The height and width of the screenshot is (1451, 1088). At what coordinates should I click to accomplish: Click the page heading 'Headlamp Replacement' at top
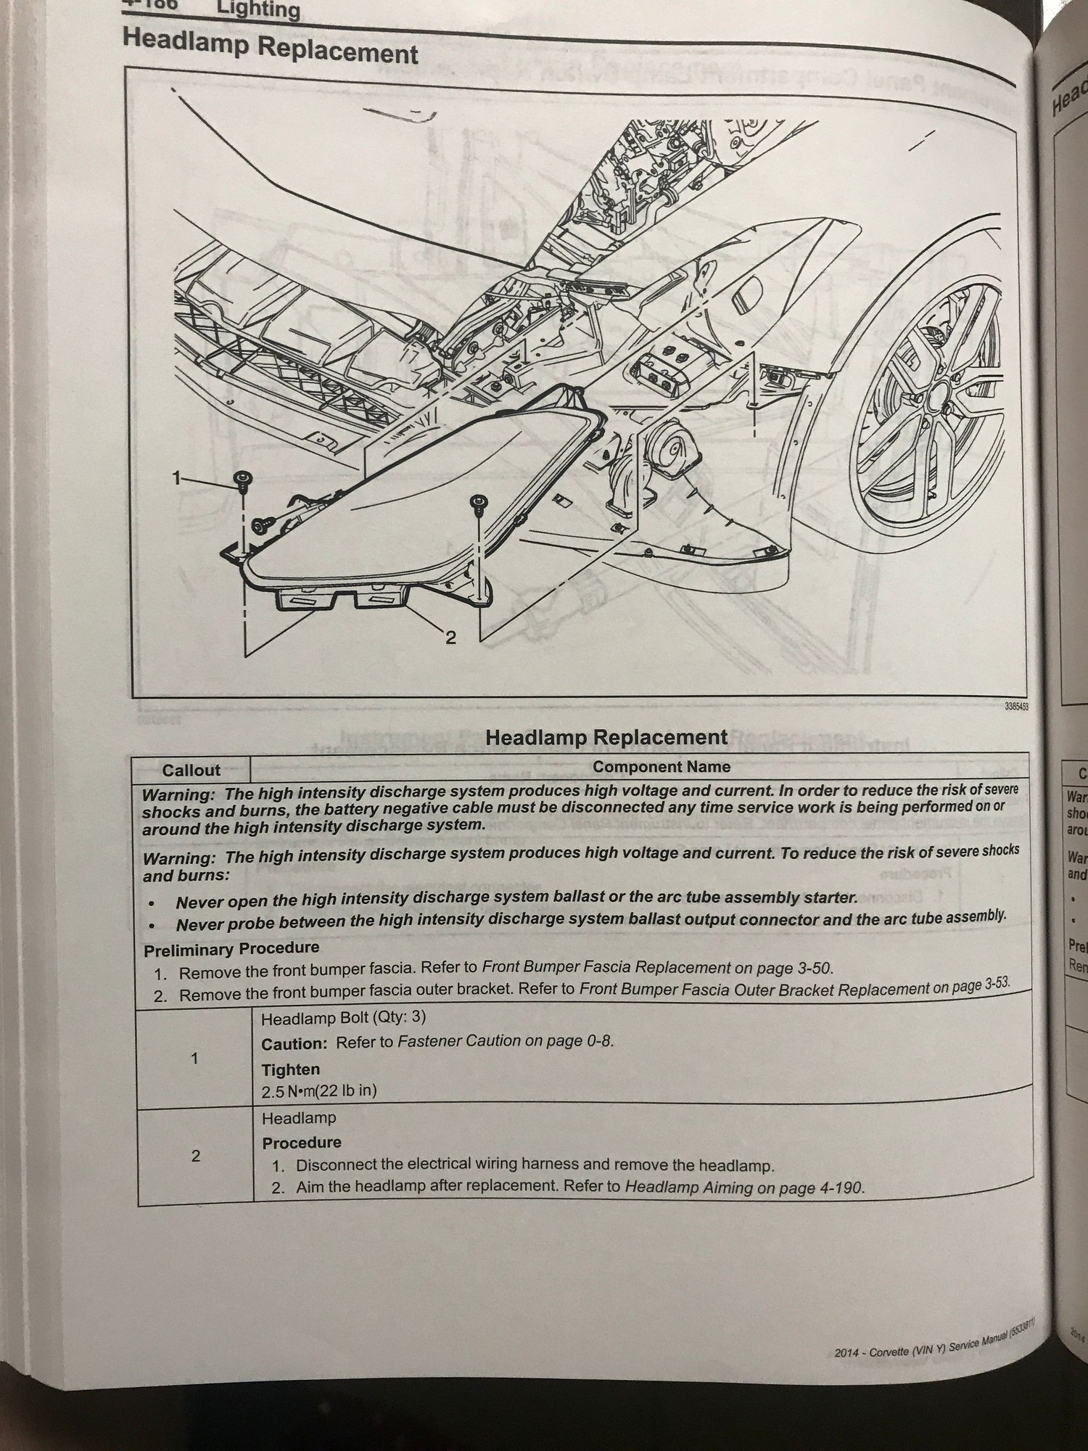270,47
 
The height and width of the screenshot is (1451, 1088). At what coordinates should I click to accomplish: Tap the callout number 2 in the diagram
450,638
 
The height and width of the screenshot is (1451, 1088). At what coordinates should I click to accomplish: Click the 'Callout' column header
191,770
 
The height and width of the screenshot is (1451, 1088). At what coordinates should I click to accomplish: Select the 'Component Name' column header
661,767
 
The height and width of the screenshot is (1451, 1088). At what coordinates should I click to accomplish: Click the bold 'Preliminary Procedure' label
231,948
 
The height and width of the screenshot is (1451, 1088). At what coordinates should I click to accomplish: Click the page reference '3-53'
990,983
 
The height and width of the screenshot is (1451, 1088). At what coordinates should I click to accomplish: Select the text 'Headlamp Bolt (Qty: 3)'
343,1018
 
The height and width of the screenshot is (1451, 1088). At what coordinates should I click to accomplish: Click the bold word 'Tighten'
291,1069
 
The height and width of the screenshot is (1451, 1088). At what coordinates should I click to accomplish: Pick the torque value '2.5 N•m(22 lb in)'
319,1091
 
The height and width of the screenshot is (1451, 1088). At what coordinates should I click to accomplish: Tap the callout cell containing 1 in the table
194,1059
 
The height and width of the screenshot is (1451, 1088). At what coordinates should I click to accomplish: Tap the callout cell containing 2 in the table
195,1156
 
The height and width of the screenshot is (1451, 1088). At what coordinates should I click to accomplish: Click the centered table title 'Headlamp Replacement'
606,737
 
